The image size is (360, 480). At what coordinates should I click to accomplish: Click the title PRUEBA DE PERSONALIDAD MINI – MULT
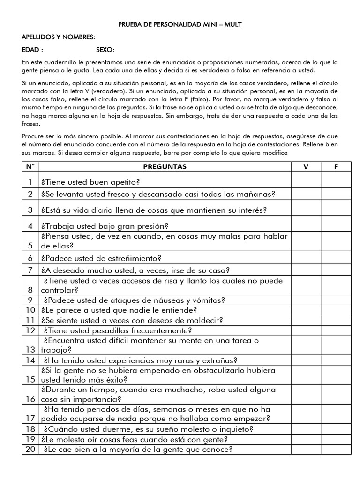click(x=180, y=24)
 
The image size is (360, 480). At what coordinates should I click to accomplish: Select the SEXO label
click(x=105, y=50)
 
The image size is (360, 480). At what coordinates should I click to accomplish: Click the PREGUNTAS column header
click(x=165, y=166)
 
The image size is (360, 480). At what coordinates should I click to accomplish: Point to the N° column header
click(x=30, y=166)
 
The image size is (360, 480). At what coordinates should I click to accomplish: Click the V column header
click(x=306, y=166)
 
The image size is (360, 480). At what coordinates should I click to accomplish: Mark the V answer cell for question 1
click(x=306, y=181)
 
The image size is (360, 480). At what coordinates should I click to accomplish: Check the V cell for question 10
click(x=306, y=310)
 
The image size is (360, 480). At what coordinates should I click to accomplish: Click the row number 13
click(x=30, y=350)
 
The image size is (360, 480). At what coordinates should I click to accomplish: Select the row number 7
click(x=30, y=270)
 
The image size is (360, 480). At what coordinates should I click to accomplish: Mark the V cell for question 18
click(x=306, y=429)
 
